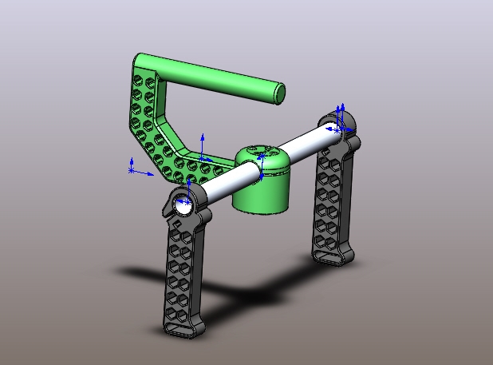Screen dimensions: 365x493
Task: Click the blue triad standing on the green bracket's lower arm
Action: pyautogui.click(x=203, y=148)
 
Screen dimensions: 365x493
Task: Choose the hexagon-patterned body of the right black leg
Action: pyautogui.click(x=331, y=200)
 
